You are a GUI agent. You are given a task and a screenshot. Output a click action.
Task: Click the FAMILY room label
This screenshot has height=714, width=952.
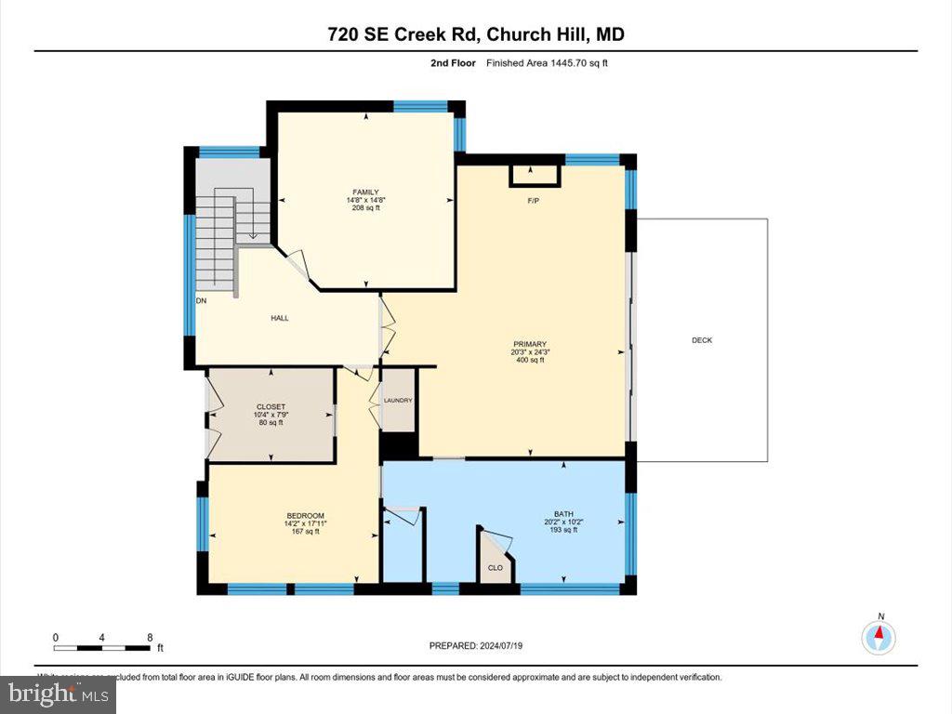[x=364, y=192]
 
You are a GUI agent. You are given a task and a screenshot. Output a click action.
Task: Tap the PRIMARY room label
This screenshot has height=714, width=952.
[x=530, y=344]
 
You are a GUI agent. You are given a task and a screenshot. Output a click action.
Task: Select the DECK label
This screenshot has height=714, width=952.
[x=702, y=340]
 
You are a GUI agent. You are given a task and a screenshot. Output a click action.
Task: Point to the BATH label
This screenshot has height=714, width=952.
[x=563, y=514]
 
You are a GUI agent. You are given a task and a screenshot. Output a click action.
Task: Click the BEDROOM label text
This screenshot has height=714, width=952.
[x=305, y=516]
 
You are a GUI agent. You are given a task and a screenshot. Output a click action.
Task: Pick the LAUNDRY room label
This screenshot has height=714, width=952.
[x=398, y=401]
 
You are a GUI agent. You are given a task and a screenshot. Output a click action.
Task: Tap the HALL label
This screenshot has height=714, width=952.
[x=279, y=318]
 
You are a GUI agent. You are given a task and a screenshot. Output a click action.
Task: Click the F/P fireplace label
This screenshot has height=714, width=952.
[x=534, y=200]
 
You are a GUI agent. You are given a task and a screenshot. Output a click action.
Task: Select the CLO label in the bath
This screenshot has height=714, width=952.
[x=496, y=568]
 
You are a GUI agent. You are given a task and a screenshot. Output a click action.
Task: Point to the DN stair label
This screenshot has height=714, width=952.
[x=201, y=301]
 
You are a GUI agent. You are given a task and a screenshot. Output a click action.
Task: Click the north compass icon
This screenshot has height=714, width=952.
[x=878, y=637]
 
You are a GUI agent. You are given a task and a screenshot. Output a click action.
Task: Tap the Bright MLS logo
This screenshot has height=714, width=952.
[x=58, y=693]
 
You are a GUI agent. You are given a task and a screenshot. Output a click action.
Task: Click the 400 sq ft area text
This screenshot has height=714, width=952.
[x=530, y=360]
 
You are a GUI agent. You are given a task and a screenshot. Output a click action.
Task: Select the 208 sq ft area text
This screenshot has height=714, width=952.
[x=364, y=208]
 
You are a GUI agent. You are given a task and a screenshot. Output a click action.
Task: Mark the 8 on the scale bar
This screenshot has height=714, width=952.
[x=150, y=638]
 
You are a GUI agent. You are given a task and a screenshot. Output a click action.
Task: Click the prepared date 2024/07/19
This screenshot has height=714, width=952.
[x=508, y=646]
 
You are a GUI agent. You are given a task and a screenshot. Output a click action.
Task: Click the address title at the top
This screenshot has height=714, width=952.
[x=476, y=34]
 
